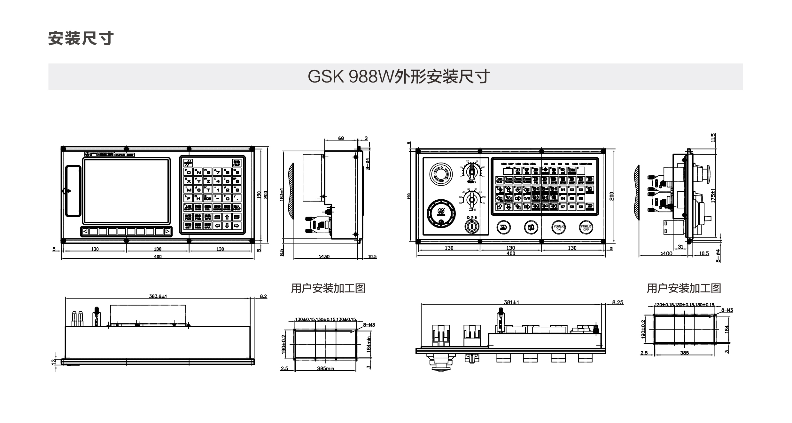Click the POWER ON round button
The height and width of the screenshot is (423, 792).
point(558,228)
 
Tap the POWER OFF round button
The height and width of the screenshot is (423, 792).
point(586,228)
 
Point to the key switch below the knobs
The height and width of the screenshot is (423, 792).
point(471,227)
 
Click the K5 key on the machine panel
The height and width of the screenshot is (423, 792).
point(572,198)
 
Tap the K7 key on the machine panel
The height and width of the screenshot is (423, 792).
point(563,207)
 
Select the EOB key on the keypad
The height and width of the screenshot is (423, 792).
point(208,198)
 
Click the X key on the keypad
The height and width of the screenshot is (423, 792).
point(188,181)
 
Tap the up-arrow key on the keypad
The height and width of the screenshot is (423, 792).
point(227,217)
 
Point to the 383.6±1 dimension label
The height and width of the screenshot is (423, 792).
point(158,296)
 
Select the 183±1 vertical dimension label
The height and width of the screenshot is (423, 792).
point(282,195)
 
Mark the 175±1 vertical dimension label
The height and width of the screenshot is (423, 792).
point(713,195)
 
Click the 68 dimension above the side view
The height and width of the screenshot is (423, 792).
point(341,138)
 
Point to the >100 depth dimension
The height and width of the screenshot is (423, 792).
point(667,253)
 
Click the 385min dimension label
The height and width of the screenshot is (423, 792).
point(325,369)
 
